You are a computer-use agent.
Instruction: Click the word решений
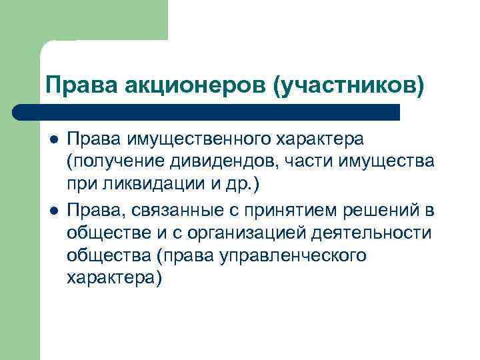coord(383,211)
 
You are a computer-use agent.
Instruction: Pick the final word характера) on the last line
coord(114,278)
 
